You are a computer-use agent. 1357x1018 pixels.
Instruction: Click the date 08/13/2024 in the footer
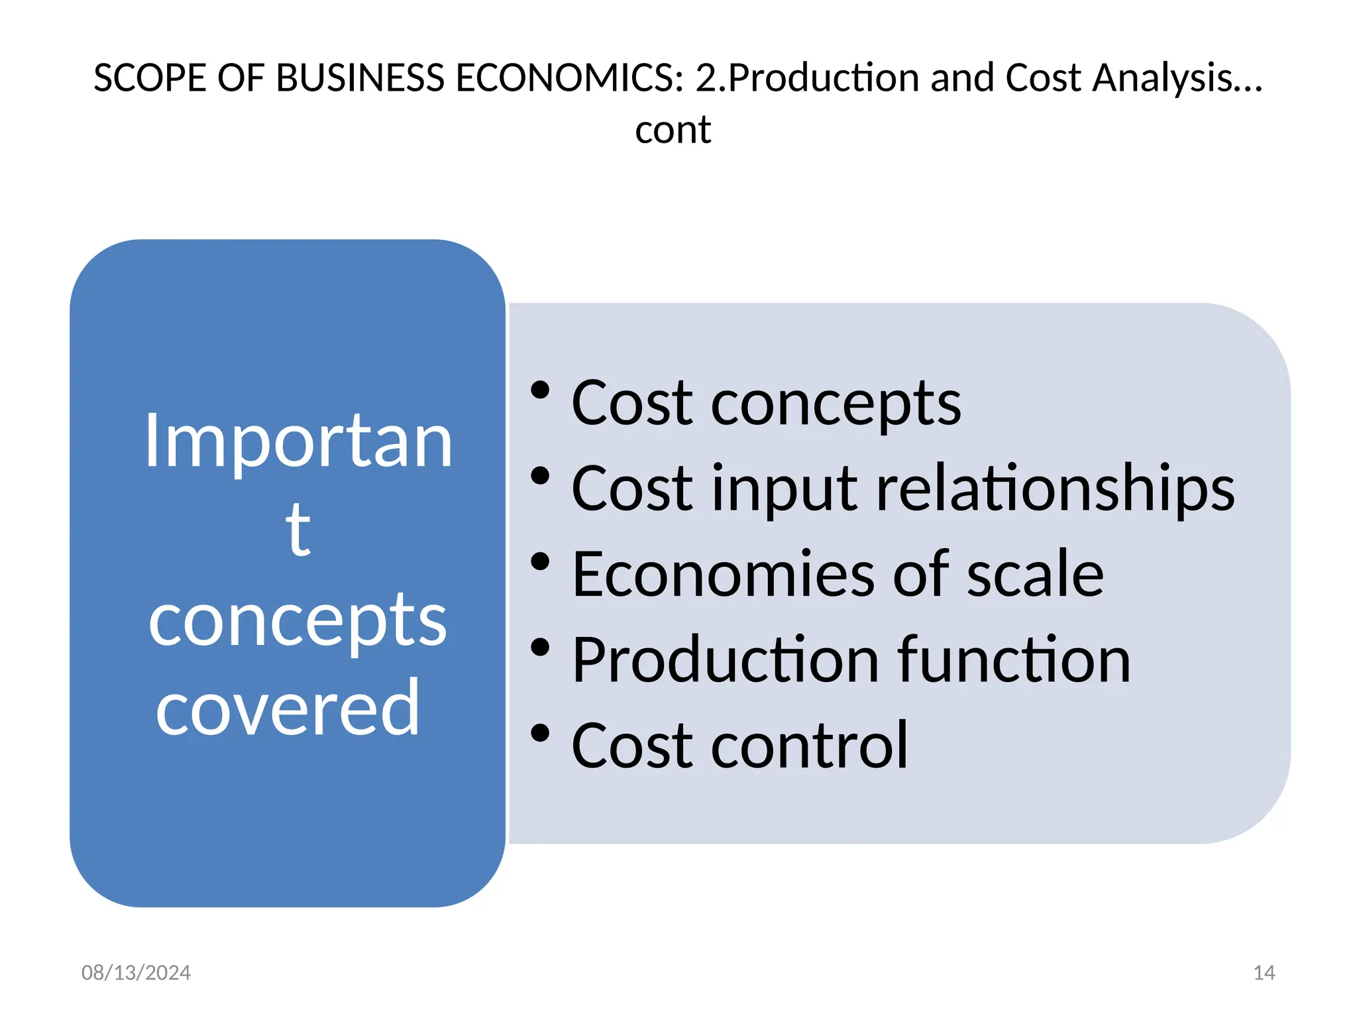pyautogui.click(x=136, y=972)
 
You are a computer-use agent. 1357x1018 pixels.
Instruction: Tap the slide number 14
pyautogui.click(x=1264, y=972)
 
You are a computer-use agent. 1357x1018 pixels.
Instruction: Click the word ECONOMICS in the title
pyautogui.click(x=569, y=78)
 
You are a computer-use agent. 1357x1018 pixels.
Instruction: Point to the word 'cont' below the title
pyautogui.click(x=673, y=129)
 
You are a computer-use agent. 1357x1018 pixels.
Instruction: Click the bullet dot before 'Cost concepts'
pyautogui.click(x=540, y=390)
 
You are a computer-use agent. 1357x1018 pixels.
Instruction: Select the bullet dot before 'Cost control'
pyautogui.click(x=540, y=733)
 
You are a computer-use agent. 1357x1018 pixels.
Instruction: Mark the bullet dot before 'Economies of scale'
pyautogui.click(x=540, y=561)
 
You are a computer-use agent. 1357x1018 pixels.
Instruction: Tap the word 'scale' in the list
pyautogui.click(x=1035, y=575)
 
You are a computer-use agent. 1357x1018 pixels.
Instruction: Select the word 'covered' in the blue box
pyautogui.click(x=288, y=708)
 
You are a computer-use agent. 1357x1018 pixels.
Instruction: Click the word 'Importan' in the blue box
pyautogui.click(x=298, y=441)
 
